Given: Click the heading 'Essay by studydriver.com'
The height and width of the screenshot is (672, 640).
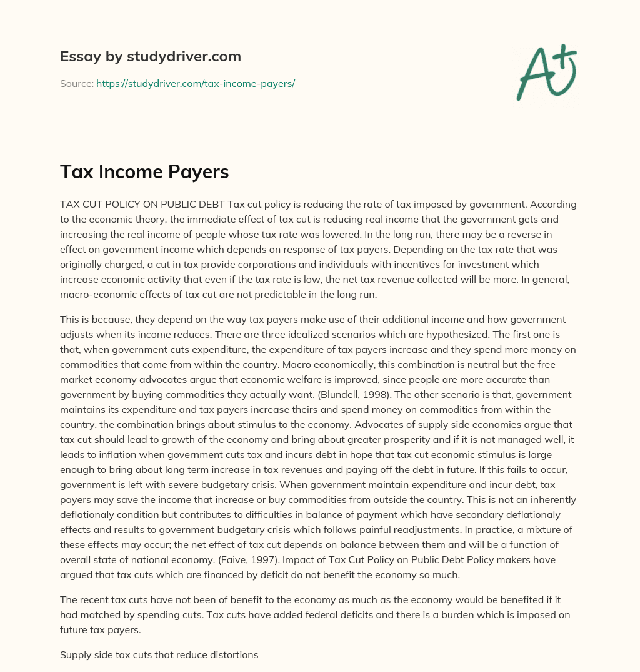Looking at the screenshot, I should pyautogui.click(x=151, y=56).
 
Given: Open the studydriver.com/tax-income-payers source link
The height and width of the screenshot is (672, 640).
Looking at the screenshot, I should pyautogui.click(x=195, y=83).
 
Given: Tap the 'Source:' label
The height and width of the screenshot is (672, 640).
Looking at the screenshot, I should pyautogui.click(x=76, y=83).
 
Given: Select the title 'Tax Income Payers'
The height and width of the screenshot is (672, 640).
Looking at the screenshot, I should pyautogui.click(x=144, y=172).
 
